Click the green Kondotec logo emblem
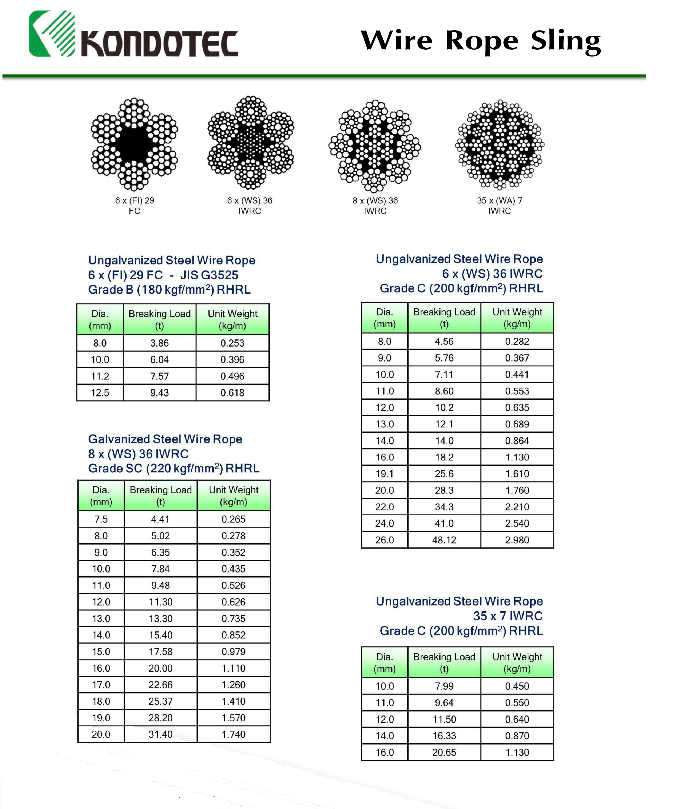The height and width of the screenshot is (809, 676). coord(52,34)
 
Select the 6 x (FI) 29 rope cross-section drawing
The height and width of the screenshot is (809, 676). coord(134,144)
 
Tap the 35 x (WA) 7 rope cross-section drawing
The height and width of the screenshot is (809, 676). coord(499,145)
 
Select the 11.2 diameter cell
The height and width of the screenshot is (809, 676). coord(100,376)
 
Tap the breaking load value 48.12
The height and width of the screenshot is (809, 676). coord(444,540)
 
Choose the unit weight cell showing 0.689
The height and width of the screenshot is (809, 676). coord(517,424)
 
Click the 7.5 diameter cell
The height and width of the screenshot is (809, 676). coord(101,519)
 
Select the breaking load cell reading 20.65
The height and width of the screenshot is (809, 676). coord(444,752)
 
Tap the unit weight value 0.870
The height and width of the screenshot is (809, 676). coord(517,736)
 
